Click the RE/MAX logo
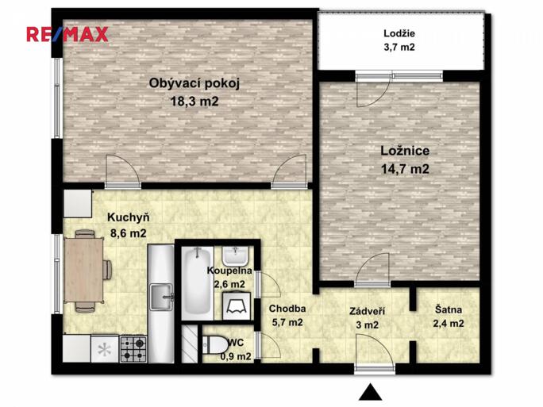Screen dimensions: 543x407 tap(67, 34)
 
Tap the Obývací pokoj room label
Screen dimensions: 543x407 tap(194, 84)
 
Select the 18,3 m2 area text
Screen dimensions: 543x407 tap(194, 102)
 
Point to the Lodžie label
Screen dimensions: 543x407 tap(399, 33)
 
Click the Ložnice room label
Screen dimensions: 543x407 tap(405, 151)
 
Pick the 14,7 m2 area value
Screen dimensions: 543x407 tap(405, 169)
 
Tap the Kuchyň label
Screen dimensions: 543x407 tap(128, 217)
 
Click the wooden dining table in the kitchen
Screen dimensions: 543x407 tap(84, 270)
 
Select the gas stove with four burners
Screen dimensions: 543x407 tap(133, 348)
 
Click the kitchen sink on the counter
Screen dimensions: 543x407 tap(160, 296)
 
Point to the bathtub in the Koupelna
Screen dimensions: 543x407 tap(197, 282)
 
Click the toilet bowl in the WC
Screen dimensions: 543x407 tap(214, 344)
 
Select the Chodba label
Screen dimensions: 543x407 tap(287, 309)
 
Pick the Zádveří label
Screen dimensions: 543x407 tap(367, 311)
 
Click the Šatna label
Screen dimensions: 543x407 tap(448, 309)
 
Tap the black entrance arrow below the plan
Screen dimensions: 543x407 tap(370, 391)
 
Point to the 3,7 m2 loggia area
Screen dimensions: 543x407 tap(399, 47)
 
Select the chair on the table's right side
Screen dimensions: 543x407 tap(107, 269)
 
